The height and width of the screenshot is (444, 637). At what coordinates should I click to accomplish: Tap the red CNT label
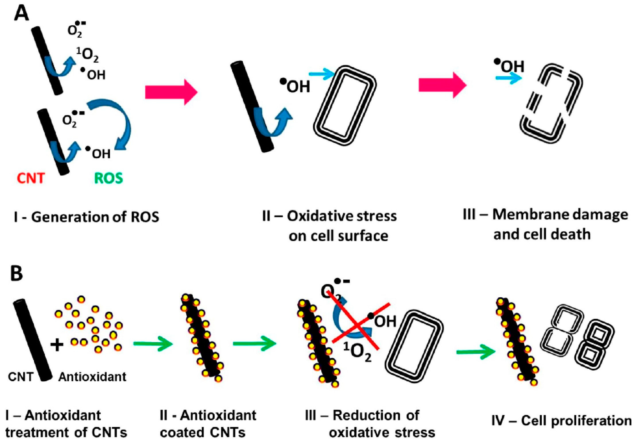click(31, 178)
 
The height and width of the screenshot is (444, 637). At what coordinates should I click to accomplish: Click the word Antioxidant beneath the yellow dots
click(92, 377)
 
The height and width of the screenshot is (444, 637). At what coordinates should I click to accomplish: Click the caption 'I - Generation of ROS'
click(87, 217)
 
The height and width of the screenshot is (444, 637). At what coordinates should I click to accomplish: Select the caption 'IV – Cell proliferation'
click(562, 421)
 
